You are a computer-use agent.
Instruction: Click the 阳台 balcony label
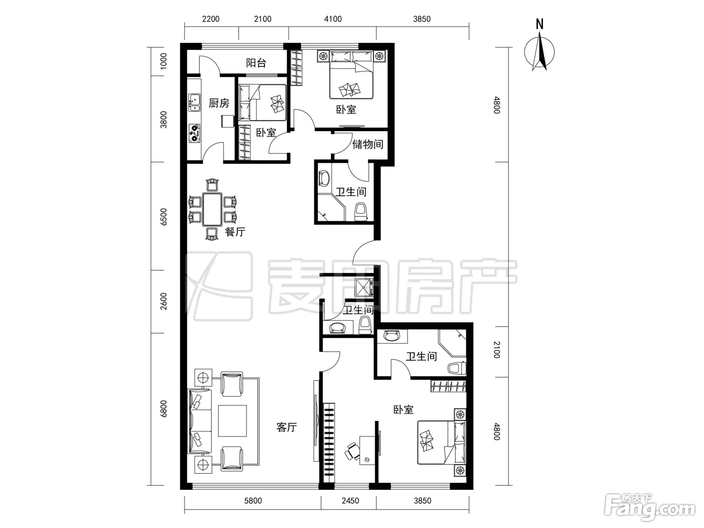256,63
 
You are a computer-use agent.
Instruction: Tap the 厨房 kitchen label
219,103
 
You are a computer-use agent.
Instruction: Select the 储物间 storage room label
368,144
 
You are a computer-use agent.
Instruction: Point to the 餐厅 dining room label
235,231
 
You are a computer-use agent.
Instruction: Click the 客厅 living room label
287,427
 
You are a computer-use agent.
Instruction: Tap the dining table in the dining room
212,209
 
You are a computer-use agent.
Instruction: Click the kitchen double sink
195,103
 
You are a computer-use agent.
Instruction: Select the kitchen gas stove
195,133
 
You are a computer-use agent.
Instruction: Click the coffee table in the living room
232,420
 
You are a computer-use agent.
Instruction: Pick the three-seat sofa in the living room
199,421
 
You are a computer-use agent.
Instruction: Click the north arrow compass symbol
540,53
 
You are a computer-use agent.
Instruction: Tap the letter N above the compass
540,24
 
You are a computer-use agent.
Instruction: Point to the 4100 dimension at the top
332,19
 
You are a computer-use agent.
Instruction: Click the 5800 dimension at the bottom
253,501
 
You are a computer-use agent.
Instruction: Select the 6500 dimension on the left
163,217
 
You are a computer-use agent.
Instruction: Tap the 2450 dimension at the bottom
350,501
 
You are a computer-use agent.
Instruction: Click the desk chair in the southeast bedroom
352,452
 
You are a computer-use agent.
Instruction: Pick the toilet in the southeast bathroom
457,368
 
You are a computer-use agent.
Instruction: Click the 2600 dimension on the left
163,301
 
